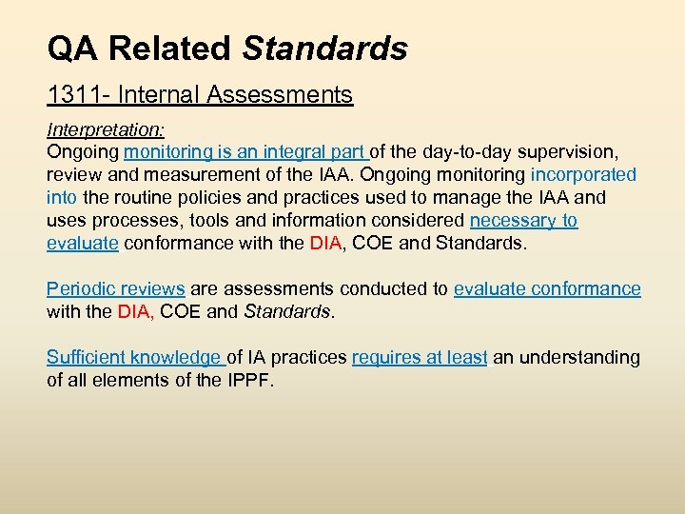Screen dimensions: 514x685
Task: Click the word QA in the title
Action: (72, 48)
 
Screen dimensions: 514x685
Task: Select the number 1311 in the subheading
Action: (70, 95)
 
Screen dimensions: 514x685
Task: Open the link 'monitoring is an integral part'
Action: (245, 152)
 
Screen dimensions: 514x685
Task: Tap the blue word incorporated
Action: (583, 175)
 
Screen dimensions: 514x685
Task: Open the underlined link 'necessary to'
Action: (523, 221)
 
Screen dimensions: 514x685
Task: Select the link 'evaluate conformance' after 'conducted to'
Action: (547, 289)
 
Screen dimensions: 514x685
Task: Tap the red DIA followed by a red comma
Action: (135, 312)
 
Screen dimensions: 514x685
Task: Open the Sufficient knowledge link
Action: (133, 358)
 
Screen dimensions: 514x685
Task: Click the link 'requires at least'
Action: (420, 358)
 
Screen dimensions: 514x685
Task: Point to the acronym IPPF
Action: (245, 381)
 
